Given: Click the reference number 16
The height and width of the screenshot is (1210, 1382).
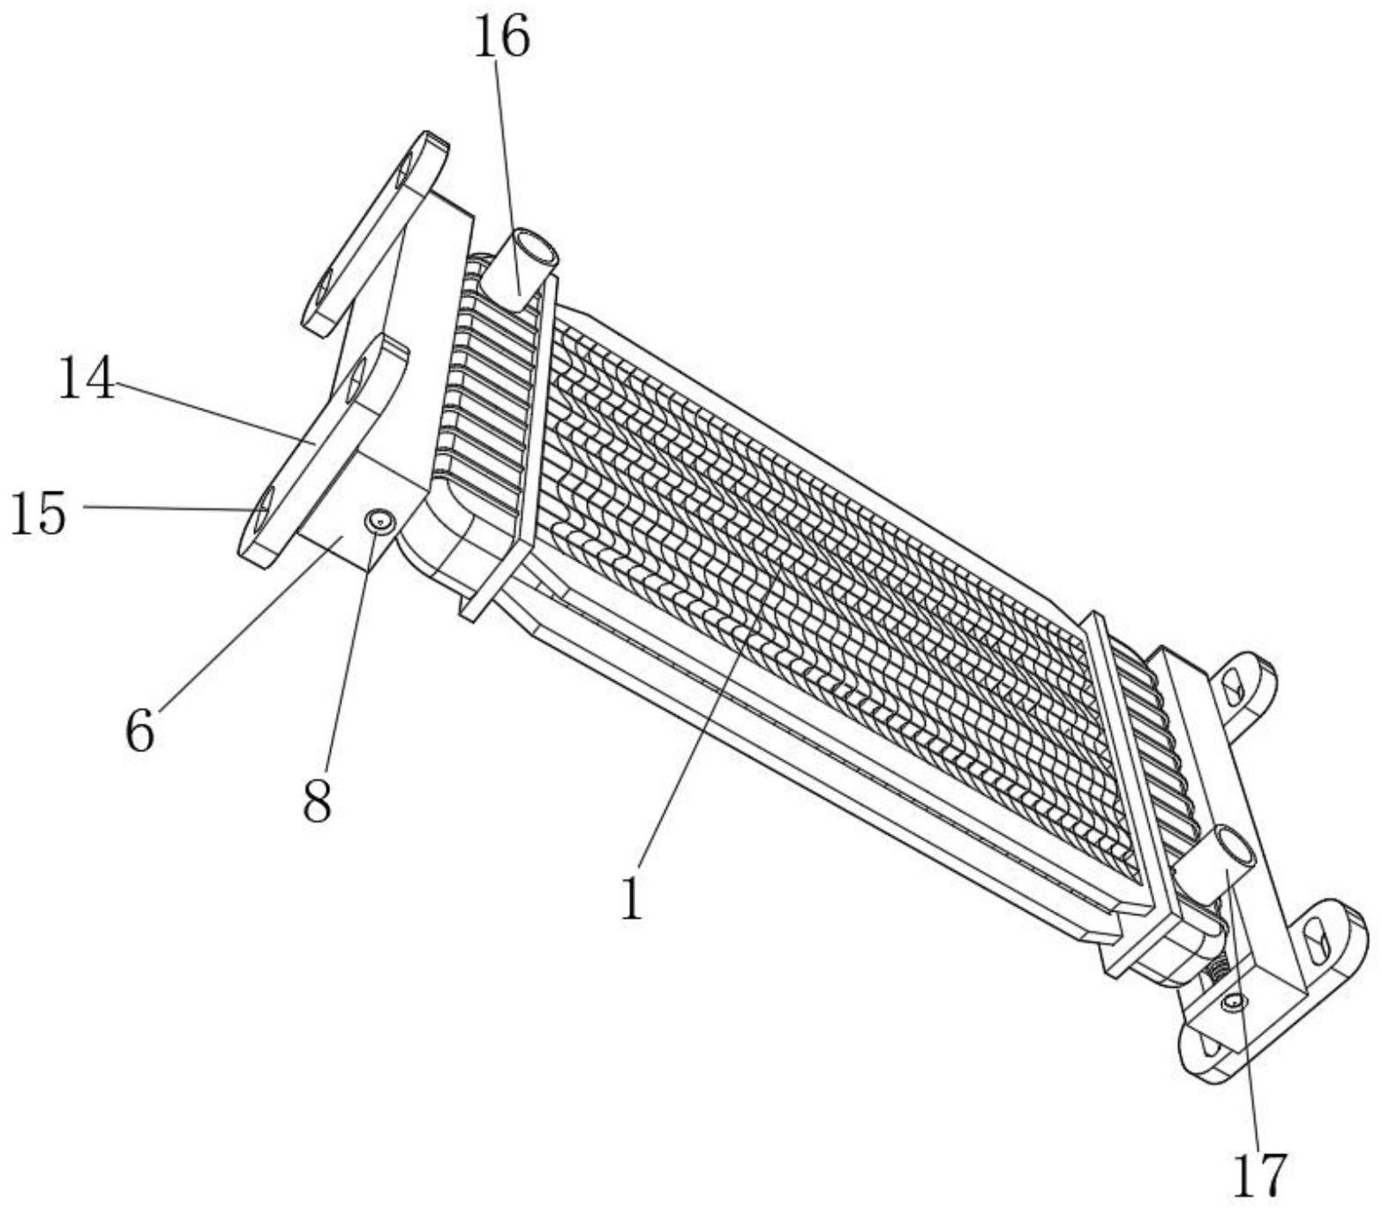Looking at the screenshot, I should click(x=502, y=40).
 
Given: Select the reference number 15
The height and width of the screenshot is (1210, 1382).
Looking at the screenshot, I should click(x=38, y=515).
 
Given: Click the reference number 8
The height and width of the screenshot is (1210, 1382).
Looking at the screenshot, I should click(x=317, y=801).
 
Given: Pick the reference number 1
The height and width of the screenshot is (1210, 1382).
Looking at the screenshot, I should click(x=631, y=900).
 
